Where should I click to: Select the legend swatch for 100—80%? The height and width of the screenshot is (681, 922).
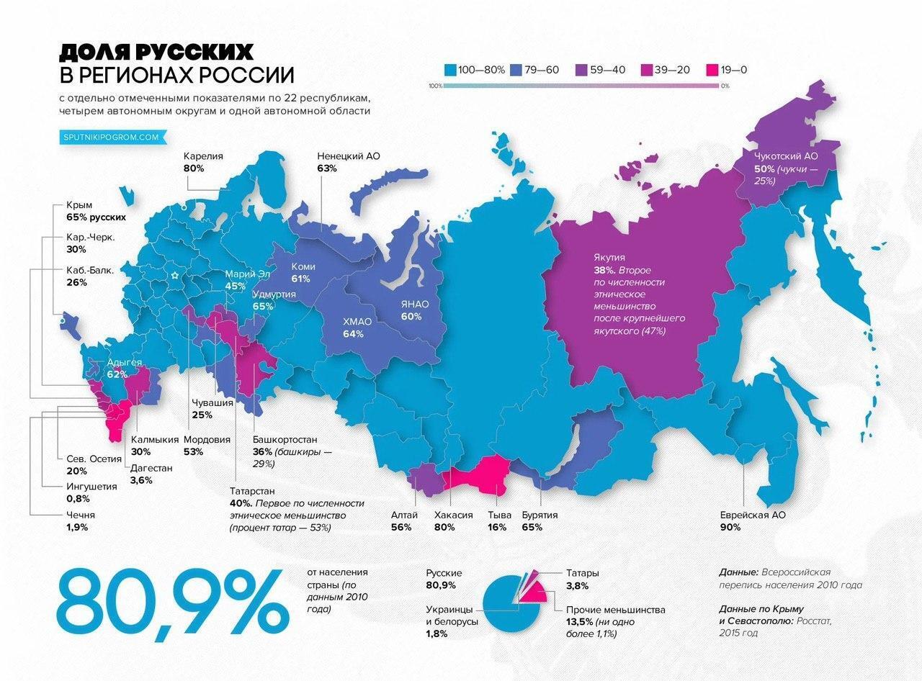(x=449, y=70)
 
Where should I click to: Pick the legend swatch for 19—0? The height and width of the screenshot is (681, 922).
(x=713, y=70)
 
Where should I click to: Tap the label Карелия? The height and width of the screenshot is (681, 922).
(x=203, y=155)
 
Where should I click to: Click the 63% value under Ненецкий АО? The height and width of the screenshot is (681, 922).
(x=327, y=168)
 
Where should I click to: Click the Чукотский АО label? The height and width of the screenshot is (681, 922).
(x=786, y=156)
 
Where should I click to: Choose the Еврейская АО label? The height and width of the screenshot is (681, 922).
(x=753, y=515)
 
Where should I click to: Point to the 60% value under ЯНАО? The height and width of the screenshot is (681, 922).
(x=411, y=317)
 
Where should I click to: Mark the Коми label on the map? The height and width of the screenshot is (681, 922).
(x=303, y=266)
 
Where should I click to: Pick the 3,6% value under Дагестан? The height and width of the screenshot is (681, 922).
(x=141, y=480)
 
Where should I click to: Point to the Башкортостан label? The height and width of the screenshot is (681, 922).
(x=285, y=440)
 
